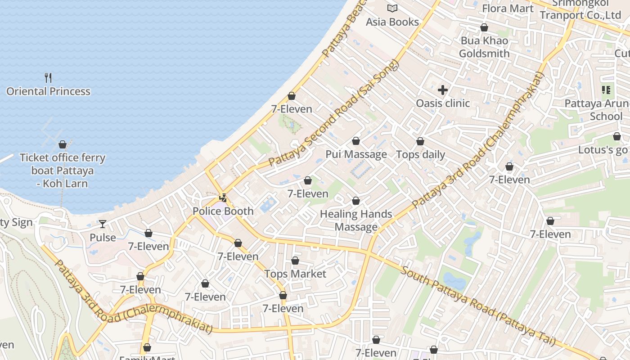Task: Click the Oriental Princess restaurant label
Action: (48, 91)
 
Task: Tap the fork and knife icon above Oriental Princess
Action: (48, 78)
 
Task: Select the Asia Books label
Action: (392, 22)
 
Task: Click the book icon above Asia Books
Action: (392, 8)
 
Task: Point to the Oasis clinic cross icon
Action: (443, 90)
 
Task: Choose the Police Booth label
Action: (223, 211)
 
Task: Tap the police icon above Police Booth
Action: (223, 198)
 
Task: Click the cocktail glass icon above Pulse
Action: (103, 224)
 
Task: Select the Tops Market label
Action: (295, 274)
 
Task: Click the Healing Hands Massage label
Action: (356, 220)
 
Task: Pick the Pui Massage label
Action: (356, 154)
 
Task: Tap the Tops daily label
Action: (420, 154)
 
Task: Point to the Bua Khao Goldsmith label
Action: (484, 47)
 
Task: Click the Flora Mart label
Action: (508, 8)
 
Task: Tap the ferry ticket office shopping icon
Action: (63, 144)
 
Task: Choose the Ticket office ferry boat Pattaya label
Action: (63, 171)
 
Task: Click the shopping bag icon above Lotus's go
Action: (617, 136)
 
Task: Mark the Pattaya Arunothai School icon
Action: (606, 90)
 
